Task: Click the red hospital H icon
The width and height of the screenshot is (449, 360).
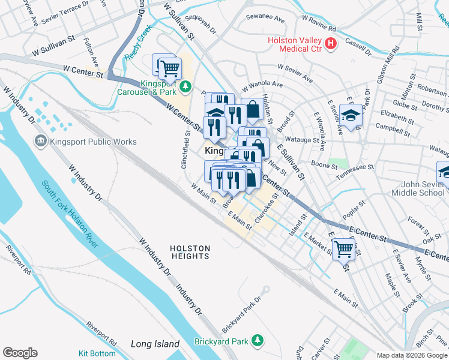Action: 330,43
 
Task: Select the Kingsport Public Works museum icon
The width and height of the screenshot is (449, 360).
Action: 41,141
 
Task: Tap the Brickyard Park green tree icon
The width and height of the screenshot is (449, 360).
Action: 258,340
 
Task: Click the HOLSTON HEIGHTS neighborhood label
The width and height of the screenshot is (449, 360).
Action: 190,252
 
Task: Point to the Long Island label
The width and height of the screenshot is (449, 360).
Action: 155,344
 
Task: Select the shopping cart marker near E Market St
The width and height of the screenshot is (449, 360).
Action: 343,248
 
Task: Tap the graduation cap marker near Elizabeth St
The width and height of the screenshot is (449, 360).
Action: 351,115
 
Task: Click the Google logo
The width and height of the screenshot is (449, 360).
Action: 20,353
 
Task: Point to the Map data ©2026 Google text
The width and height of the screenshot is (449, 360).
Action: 412,355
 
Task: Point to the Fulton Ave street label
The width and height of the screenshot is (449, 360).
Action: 91,53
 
